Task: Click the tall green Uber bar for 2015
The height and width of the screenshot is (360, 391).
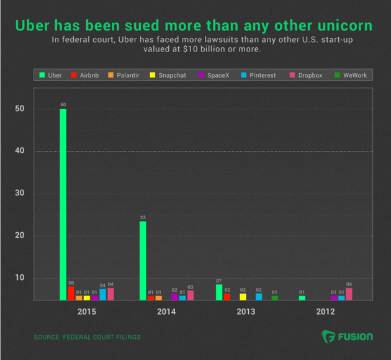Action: (63, 205)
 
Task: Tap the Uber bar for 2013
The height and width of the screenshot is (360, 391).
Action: (219, 292)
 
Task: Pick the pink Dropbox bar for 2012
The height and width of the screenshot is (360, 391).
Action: (349, 294)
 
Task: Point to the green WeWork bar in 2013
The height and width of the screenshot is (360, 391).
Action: (275, 298)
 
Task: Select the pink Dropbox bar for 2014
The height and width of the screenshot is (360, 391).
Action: (191, 295)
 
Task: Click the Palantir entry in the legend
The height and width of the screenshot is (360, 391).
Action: (123, 75)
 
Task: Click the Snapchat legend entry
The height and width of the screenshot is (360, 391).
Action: (168, 75)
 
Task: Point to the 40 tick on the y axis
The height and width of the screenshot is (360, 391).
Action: (20, 151)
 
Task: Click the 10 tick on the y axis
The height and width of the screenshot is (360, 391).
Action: (20, 277)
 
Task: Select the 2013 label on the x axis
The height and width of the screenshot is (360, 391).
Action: (246, 311)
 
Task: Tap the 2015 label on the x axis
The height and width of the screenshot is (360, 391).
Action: (87, 311)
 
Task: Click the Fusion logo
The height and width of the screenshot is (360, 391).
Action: (347, 337)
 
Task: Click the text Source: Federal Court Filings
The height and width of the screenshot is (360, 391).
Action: (87, 337)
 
